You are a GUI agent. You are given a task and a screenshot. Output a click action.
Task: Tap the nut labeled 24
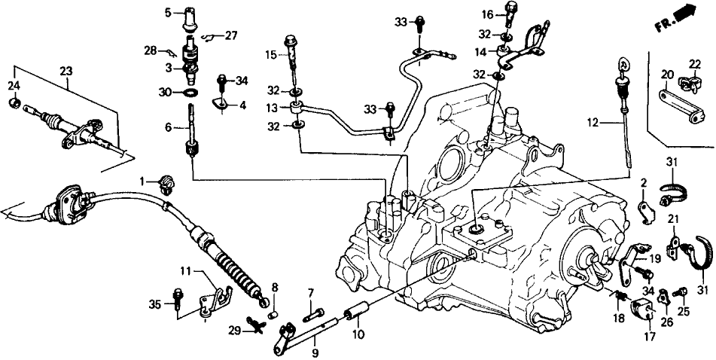pyautogui.click(x=14, y=102)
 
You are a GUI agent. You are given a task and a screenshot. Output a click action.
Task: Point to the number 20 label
pyautogui.click(x=666, y=74)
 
